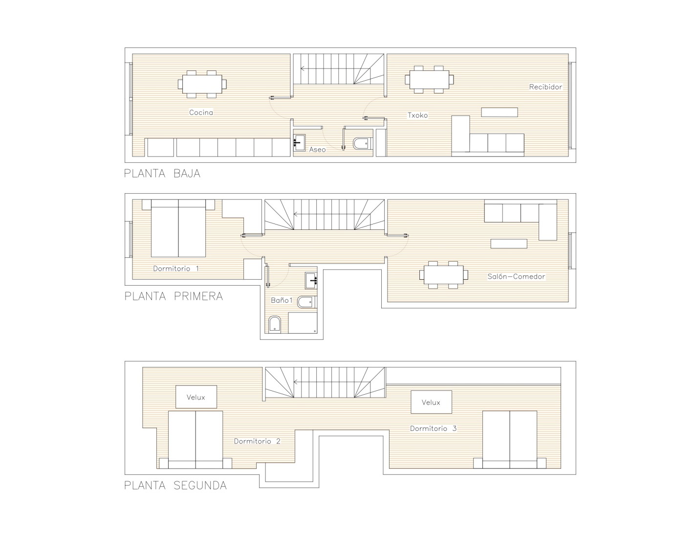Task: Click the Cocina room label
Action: [x=201, y=112]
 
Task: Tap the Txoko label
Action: [x=417, y=115]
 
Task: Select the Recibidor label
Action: [x=545, y=87]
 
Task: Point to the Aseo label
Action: [x=317, y=150]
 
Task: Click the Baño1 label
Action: [x=282, y=300]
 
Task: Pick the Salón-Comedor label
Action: [x=516, y=276]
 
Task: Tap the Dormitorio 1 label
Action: [x=176, y=269]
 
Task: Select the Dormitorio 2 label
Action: [x=257, y=441]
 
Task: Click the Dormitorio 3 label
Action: [x=433, y=428]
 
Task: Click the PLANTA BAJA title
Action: [x=162, y=174]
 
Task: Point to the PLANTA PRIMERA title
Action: [x=174, y=296]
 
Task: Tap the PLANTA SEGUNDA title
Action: [x=175, y=486]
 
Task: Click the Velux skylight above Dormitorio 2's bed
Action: [x=196, y=397]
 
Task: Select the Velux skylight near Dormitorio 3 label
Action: [x=431, y=402]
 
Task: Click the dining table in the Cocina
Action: [x=202, y=84]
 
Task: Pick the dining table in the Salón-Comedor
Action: [x=444, y=275]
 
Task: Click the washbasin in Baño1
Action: [x=311, y=280]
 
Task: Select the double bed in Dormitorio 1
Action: [x=178, y=228]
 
